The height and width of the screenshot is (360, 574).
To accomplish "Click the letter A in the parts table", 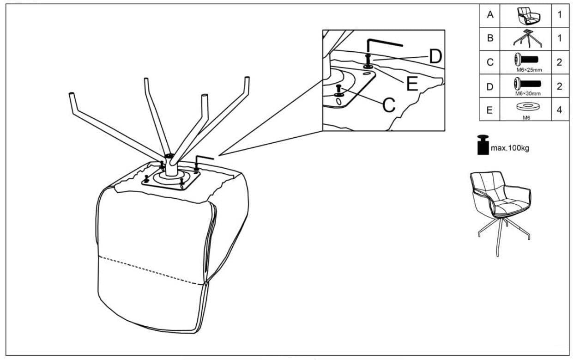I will [x=489, y=14].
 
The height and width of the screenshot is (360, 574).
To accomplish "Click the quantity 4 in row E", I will [x=559, y=110].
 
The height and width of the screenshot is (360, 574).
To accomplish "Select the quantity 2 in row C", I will [x=559, y=62].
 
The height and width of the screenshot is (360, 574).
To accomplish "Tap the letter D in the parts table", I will [x=489, y=86].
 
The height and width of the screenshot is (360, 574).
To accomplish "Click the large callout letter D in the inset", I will [x=435, y=56].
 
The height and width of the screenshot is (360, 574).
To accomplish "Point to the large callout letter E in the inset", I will [x=412, y=84].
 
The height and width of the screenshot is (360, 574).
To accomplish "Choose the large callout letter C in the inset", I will [x=389, y=105].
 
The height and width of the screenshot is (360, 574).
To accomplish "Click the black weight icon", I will [x=483, y=145].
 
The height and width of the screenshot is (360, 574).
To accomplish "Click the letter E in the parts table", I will [x=489, y=110].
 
